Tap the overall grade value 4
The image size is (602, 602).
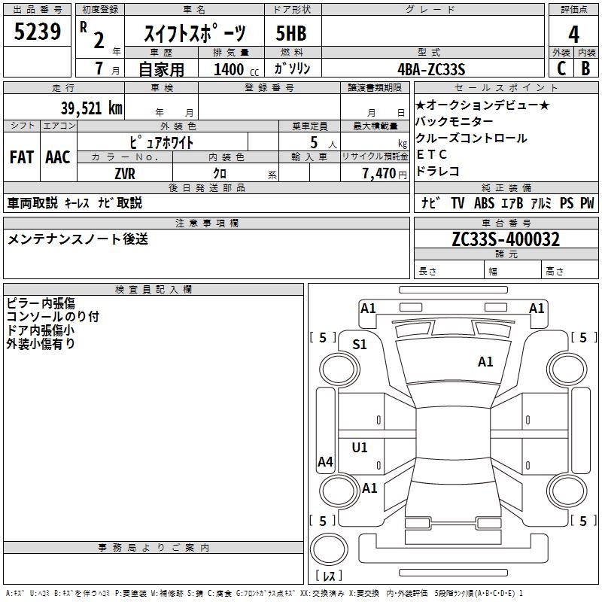(x=573, y=34)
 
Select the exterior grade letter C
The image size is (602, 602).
(x=561, y=68)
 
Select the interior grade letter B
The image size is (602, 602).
(x=585, y=68)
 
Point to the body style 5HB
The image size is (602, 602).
(x=291, y=34)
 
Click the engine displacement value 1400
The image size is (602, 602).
(x=229, y=69)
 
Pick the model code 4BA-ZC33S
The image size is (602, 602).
(x=432, y=69)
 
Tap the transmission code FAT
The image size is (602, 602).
(x=21, y=157)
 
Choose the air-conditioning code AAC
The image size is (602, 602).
(x=58, y=157)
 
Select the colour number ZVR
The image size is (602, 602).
(x=125, y=172)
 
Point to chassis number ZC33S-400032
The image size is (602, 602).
(x=506, y=239)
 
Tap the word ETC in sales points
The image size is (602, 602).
(x=432, y=154)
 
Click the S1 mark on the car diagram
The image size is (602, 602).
(x=360, y=345)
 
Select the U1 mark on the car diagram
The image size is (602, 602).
(x=360, y=448)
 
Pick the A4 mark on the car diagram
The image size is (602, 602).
(x=325, y=462)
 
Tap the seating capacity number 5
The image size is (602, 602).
(x=313, y=142)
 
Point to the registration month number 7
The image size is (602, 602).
(x=99, y=69)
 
